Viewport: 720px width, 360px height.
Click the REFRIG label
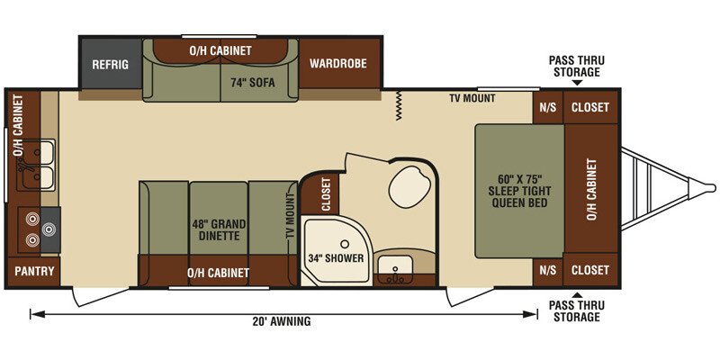click(x=110, y=64)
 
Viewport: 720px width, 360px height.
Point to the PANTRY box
click(x=34, y=272)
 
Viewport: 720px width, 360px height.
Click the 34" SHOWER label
click(x=336, y=258)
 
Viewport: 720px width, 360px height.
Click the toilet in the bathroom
click(x=410, y=187)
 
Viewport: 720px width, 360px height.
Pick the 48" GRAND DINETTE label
click(x=219, y=230)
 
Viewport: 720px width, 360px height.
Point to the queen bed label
click(x=520, y=191)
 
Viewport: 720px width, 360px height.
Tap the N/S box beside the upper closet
click(x=548, y=107)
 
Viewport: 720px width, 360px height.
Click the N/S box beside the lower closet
click(x=548, y=270)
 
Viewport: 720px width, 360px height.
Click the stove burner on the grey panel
click(x=49, y=229)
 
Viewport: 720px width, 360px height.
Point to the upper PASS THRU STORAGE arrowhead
click(x=577, y=83)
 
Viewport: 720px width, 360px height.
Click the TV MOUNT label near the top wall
click(x=472, y=98)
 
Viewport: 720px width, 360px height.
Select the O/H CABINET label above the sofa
click(x=220, y=50)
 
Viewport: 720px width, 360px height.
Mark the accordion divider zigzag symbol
click(x=398, y=105)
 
